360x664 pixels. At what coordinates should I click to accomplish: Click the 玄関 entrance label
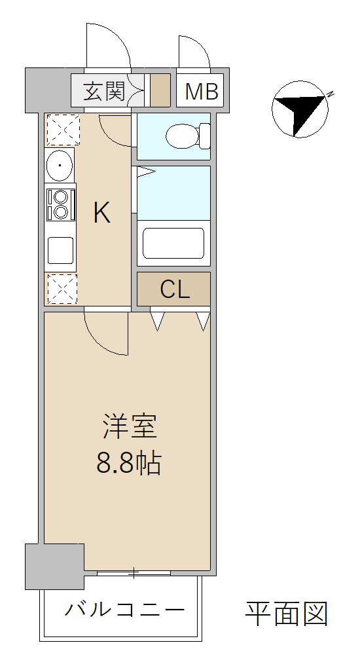[x=104, y=91]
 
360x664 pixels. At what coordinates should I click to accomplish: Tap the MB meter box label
[x=201, y=91]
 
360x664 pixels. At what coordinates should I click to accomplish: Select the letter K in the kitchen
[x=102, y=213]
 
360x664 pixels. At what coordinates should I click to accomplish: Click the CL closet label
[x=174, y=289]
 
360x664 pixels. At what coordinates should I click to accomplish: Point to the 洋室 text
[x=130, y=426]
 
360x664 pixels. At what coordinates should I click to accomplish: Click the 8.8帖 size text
[x=129, y=464]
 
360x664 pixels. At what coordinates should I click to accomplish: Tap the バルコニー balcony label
[x=124, y=610]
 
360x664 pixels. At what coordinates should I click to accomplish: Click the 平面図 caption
[x=287, y=614]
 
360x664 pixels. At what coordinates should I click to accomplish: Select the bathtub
[x=173, y=243]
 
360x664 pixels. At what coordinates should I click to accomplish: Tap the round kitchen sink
[x=60, y=165]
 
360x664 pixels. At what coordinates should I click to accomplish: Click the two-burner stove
[x=60, y=204]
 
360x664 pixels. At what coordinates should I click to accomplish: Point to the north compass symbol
[x=300, y=109]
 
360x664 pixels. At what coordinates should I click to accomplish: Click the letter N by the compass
[x=330, y=94]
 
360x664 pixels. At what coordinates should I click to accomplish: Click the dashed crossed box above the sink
[x=63, y=130]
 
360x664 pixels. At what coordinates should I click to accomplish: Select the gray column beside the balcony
[x=54, y=566]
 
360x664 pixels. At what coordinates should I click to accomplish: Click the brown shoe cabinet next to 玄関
[x=160, y=90]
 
